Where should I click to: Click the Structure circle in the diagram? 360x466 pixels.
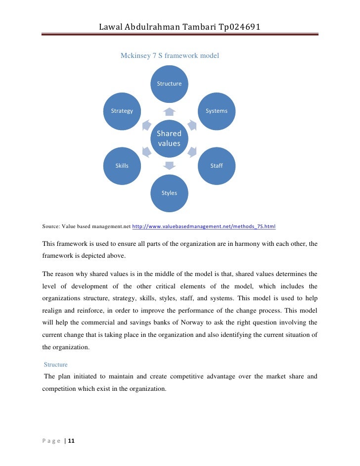[x=169, y=84]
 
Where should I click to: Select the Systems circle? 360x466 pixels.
[x=217, y=111]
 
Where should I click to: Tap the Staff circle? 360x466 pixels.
[x=217, y=166]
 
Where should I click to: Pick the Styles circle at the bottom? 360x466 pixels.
[x=169, y=192]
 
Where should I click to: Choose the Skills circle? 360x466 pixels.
[x=122, y=166]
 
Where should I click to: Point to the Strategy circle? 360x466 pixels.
[x=122, y=111]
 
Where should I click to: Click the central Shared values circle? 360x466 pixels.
[x=169, y=138]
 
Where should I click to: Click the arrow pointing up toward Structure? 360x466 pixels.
[x=169, y=111]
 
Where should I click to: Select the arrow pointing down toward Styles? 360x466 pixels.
[x=169, y=166]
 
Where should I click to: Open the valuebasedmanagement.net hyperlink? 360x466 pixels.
[x=204, y=227]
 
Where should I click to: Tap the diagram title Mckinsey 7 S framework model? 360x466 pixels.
[x=170, y=56]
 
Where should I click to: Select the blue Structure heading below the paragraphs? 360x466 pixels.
[x=55, y=365]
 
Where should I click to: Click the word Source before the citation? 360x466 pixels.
[x=51, y=227]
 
